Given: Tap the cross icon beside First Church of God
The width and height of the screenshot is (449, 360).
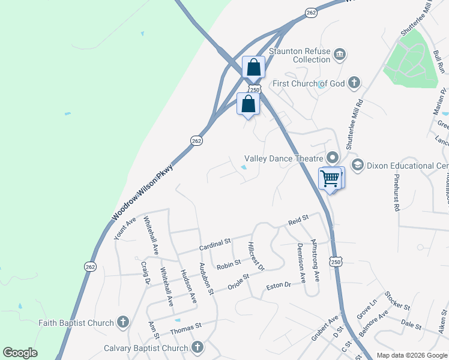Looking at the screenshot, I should pos(354,83).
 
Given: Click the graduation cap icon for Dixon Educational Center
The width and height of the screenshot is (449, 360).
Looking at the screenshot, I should pos(358,165).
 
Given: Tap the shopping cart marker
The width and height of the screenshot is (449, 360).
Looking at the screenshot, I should pos(330,178).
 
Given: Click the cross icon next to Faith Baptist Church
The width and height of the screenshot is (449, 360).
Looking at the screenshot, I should pos(123,323).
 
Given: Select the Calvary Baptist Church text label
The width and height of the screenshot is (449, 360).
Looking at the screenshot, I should pos(146,348).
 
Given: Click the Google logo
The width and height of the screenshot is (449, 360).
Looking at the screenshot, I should pos(20,353).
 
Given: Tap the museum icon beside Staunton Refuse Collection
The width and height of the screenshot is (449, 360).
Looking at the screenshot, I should pos(340,55).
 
